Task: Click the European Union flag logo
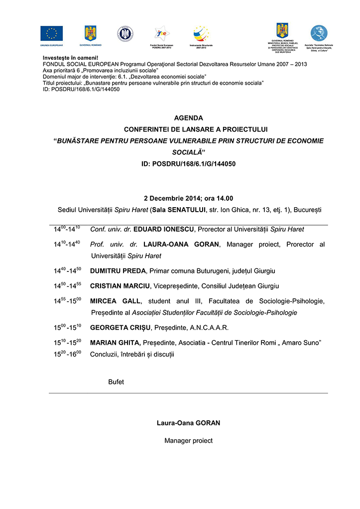pyautogui.click(x=51, y=33)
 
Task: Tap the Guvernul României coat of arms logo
pyautogui.click(x=90, y=33)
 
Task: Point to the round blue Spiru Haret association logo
pyautogui.click(x=319, y=32)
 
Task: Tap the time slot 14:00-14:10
pyautogui.click(x=68, y=229)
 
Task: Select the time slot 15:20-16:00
pyautogui.click(x=68, y=354)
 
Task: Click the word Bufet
pyautogui.click(x=116, y=382)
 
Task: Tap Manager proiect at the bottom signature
pyautogui.click(x=188, y=441)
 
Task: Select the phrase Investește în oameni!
pyautogui.click(x=71, y=58)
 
